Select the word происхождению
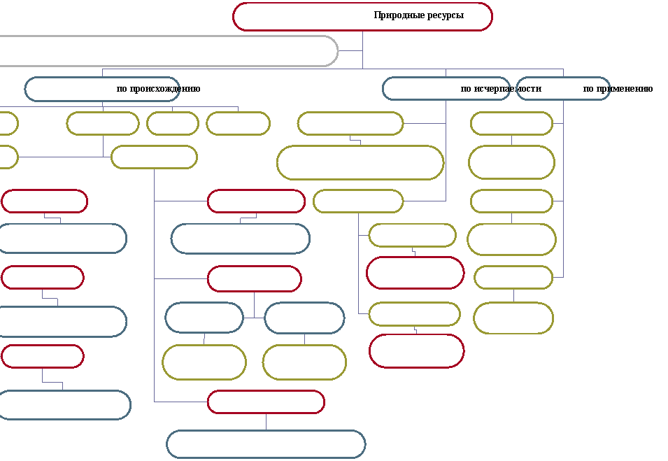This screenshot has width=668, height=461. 165,89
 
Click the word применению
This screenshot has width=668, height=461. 624,89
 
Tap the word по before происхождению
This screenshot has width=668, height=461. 122,89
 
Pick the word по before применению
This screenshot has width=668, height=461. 588,89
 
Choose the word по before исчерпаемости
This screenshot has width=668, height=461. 466,89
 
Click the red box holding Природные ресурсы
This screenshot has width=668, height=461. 363,3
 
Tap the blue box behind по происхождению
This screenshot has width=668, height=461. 102,78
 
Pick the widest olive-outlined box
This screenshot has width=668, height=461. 360,146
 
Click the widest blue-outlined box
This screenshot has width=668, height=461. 267,431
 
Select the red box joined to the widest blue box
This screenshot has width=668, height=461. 267,391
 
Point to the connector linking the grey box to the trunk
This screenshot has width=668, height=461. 350,50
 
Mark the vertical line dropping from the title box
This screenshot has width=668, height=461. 363,50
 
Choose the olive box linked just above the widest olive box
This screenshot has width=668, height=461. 350,113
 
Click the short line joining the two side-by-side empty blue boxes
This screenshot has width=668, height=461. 255,318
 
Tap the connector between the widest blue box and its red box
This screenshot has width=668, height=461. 267,422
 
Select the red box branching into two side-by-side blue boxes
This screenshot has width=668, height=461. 255,267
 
